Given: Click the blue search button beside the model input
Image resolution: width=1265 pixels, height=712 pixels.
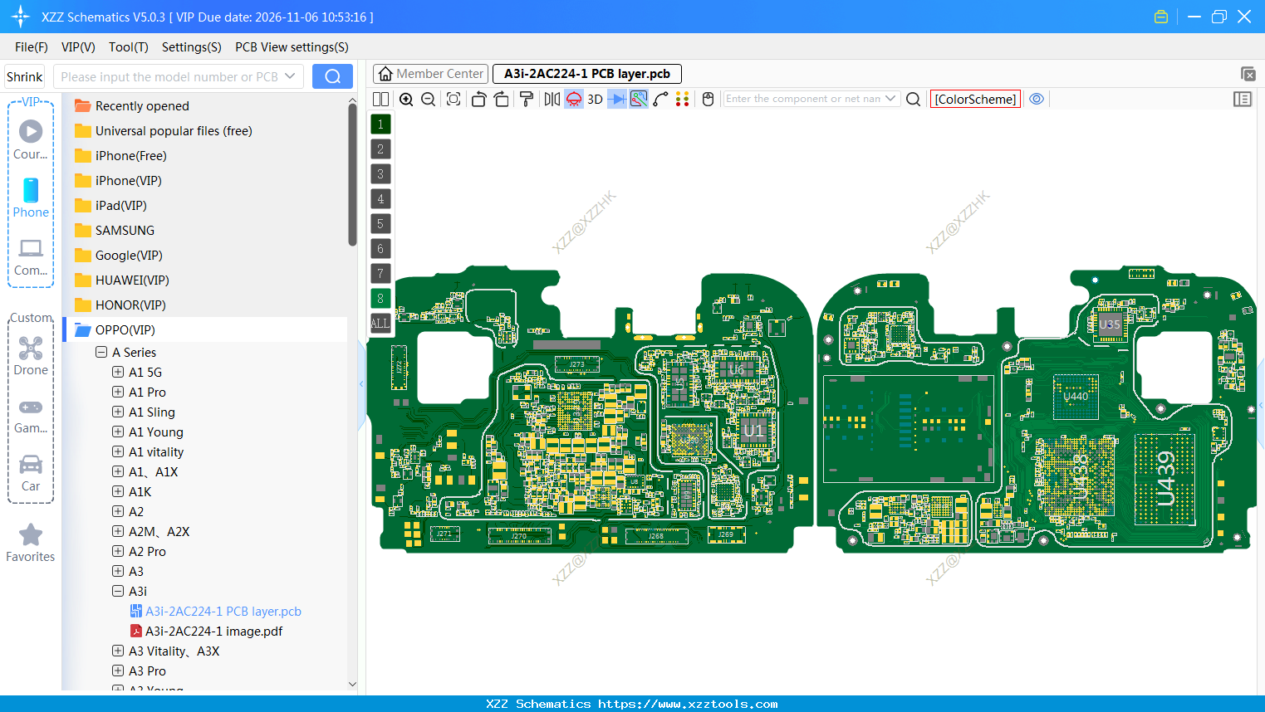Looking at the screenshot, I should click(332, 76).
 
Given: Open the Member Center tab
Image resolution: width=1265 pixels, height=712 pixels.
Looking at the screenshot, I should click(430, 74).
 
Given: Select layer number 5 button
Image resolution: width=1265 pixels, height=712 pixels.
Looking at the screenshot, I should click(380, 223).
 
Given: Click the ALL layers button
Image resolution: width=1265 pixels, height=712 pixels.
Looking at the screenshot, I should click(380, 323).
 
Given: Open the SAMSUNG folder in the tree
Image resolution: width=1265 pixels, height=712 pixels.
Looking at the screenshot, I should click(125, 230).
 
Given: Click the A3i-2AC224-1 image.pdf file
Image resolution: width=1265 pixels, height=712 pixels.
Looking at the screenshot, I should click(213, 631).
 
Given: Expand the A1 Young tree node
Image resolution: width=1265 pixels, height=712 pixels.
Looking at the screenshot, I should click(118, 432).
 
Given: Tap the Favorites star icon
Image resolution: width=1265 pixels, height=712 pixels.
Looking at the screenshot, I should click(31, 535).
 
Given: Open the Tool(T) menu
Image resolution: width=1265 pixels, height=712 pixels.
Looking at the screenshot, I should click(128, 47).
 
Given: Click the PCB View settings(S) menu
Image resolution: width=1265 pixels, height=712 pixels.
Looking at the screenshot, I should click(292, 47).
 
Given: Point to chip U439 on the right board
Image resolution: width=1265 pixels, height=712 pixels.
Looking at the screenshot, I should click(1165, 479).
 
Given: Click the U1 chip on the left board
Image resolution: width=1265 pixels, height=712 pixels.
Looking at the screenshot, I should click(753, 430).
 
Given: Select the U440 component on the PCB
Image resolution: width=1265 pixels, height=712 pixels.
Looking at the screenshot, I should click(1076, 396).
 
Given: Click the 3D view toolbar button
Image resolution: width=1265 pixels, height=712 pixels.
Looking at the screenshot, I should click(595, 99).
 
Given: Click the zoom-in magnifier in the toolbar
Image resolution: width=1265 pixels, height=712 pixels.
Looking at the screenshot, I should click(406, 99).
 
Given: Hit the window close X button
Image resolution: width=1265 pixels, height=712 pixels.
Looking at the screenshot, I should click(1244, 17).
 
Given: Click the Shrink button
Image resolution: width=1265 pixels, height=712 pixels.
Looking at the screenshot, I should click(24, 76).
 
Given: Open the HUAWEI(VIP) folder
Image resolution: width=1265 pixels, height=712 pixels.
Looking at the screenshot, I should click(131, 280).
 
